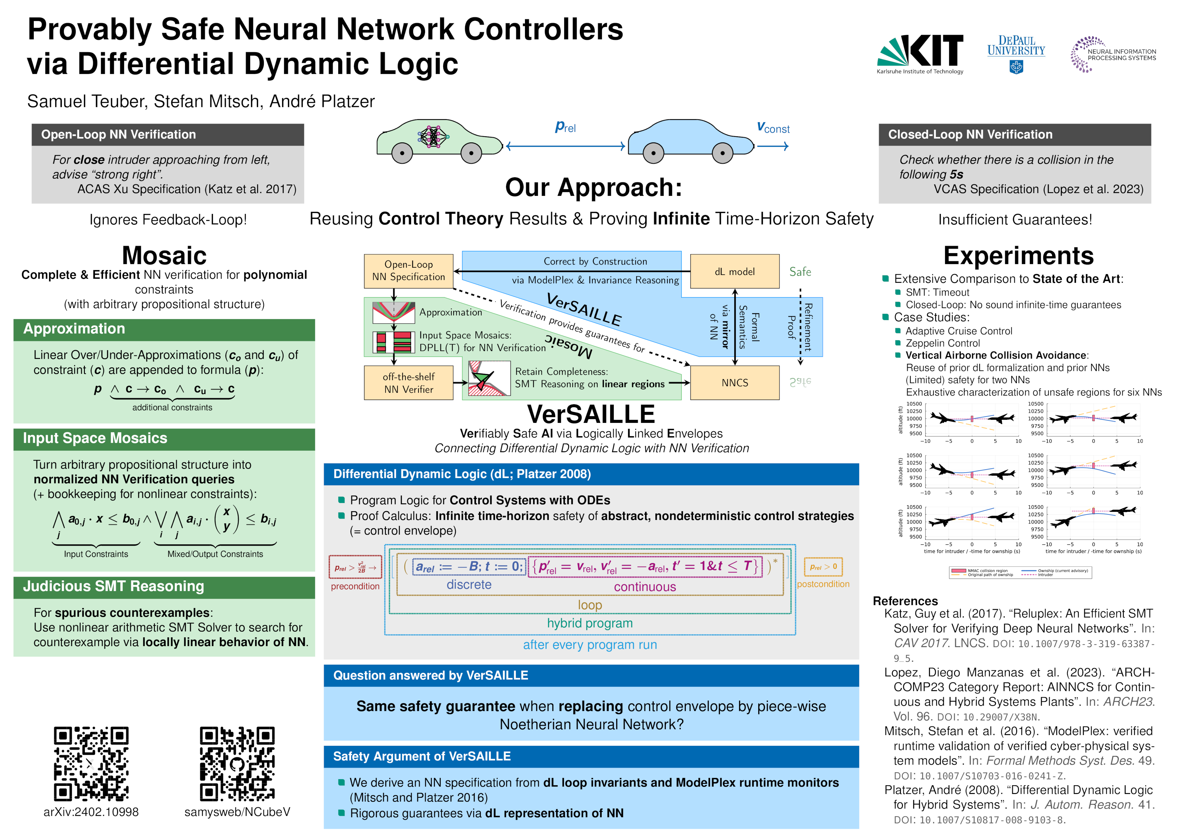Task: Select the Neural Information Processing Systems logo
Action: pyautogui.click(x=1113, y=54)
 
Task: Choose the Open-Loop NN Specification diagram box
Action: pyautogui.click(x=408, y=271)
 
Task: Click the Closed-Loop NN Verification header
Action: pyautogui.click(x=1014, y=135)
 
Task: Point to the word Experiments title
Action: pyautogui.click(x=1018, y=256)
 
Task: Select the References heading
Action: pyautogui.click(x=905, y=601)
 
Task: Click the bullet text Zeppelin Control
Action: pyautogui.click(x=942, y=343)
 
